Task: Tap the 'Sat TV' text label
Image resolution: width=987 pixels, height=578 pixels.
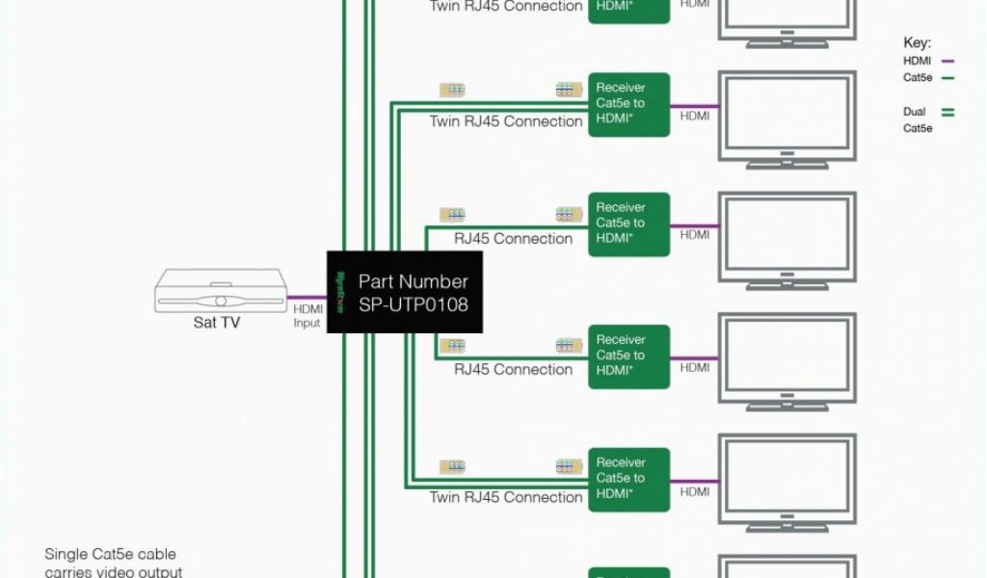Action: tap(216, 323)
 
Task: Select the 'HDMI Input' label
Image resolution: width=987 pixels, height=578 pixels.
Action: tap(307, 316)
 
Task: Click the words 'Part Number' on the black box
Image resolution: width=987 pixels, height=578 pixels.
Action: tap(413, 282)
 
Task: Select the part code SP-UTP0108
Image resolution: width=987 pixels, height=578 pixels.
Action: tap(413, 303)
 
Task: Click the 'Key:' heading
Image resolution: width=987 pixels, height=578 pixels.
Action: tap(916, 43)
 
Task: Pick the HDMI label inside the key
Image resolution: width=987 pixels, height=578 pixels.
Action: tap(917, 61)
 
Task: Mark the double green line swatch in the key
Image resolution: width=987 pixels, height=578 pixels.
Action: tap(947, 112)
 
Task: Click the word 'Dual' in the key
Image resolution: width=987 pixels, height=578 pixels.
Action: tap(914, 112)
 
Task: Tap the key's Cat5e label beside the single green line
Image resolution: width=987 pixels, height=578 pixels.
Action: tap(918, 78)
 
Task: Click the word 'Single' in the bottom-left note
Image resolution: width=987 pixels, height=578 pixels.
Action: tap(66, 554)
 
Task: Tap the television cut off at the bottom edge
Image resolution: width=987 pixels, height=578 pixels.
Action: tap(787, 568)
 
